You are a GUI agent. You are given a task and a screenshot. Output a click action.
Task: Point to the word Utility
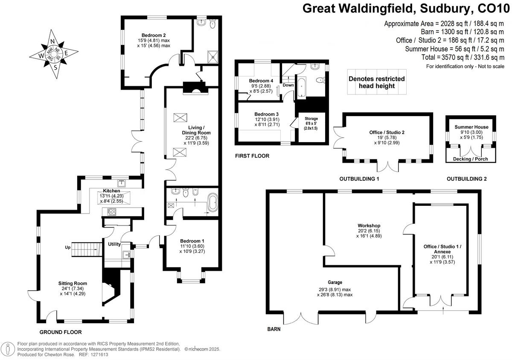(x=114, y=243)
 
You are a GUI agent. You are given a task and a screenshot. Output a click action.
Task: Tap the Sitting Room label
(x=73, y=283)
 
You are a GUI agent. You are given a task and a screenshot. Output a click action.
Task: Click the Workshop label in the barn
(x=369, y=225)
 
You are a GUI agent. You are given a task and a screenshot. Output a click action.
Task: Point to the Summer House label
(x=471, y=127)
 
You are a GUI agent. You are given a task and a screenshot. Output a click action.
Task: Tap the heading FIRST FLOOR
(x=252, y=156)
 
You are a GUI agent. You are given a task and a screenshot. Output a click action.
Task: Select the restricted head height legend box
(x=377, y=82)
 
